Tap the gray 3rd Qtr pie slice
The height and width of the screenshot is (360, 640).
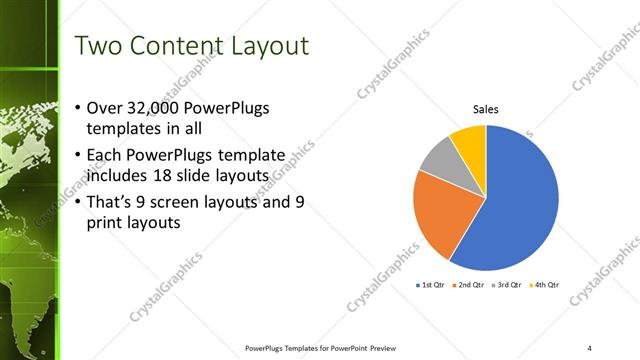point(439,158)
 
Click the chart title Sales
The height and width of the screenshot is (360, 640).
point(486,110)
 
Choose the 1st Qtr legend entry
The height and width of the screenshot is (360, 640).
point(432,285)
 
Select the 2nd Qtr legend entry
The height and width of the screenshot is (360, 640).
point(471,285)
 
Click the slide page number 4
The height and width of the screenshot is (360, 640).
point(590,348)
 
